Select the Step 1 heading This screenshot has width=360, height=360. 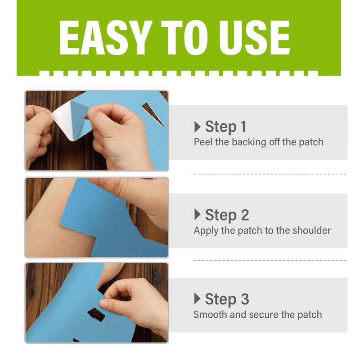(x=225, y=127)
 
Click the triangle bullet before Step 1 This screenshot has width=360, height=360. (x=197, y=127)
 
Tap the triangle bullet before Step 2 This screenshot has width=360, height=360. (x=197, y=215)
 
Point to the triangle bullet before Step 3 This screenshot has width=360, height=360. (x=197, y=299)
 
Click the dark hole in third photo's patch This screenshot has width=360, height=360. (x=96, y=314)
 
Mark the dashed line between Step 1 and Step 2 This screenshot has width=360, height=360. (x=270, y=174)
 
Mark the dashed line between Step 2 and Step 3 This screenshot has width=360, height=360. (x=270, y=260)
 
